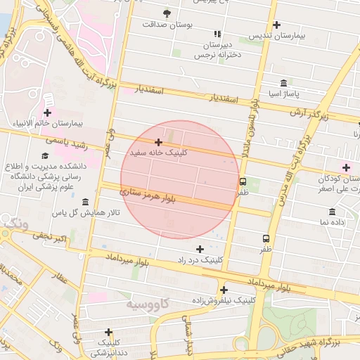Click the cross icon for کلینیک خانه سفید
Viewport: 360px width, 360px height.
coord(158,142)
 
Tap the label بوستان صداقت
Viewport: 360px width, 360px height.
coord(167,24)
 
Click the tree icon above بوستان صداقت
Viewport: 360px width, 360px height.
coord(167,13)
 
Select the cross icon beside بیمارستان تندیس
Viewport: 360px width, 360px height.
coord(276,25)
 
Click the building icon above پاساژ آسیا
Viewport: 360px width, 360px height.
coord(283,82)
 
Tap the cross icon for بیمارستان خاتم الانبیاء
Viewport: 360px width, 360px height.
coord(47,112)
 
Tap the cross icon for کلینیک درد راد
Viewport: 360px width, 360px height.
coord(200,249)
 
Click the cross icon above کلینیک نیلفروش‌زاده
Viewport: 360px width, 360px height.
coord(224,290)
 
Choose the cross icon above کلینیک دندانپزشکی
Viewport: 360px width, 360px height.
coord(108,333)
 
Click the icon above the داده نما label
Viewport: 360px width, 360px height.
coord(331,212)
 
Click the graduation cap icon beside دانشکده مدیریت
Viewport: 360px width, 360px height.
coord(45,156)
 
